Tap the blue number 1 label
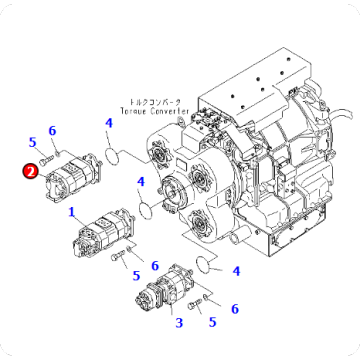click(x=71, y=212)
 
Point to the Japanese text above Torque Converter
click(x=154, y=101)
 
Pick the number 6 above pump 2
click(x=52, y=131)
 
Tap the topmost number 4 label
click(x=108, y=124)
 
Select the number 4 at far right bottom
click(x=236, y=270)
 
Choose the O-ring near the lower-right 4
click(x=206, y=264)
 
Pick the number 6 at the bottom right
click(x=235, y=308)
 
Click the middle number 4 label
click(x=142, y=182)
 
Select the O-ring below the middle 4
click(x=147, y=208)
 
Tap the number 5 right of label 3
click(x=211, y=321)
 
